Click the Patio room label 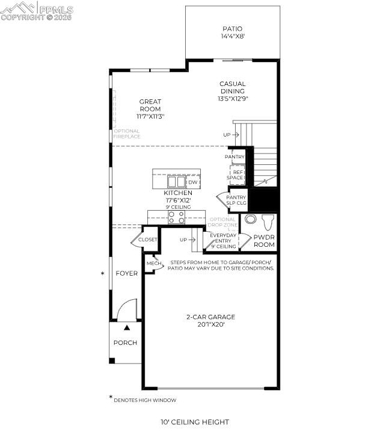pyautogui.click(x=233, y=28)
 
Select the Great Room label pyautogui.click(x=150, y=105)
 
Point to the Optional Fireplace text pyautogui.click(x=127, y=134)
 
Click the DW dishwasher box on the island pyautogui.click(x=192, y=182)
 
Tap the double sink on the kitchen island pyautogui.click(x=176, y=182)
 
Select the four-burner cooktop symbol pyautogui.click(x=176, y=217)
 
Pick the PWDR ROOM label pyautogui.click(x=264, y=241)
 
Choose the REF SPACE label pyautogui.click(x=235, y=175)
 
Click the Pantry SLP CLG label pyautogui.click(x=236, y=200)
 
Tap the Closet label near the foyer pyautogui.click(x=147, y=240)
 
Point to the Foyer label pyautogui.click(x=127, y=273)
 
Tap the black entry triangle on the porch pyautogui.click(x=127, y=328)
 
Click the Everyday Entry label pyautogui.click(x=222, y=238)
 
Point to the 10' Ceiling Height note pyautogui.click(x=194, y=422)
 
